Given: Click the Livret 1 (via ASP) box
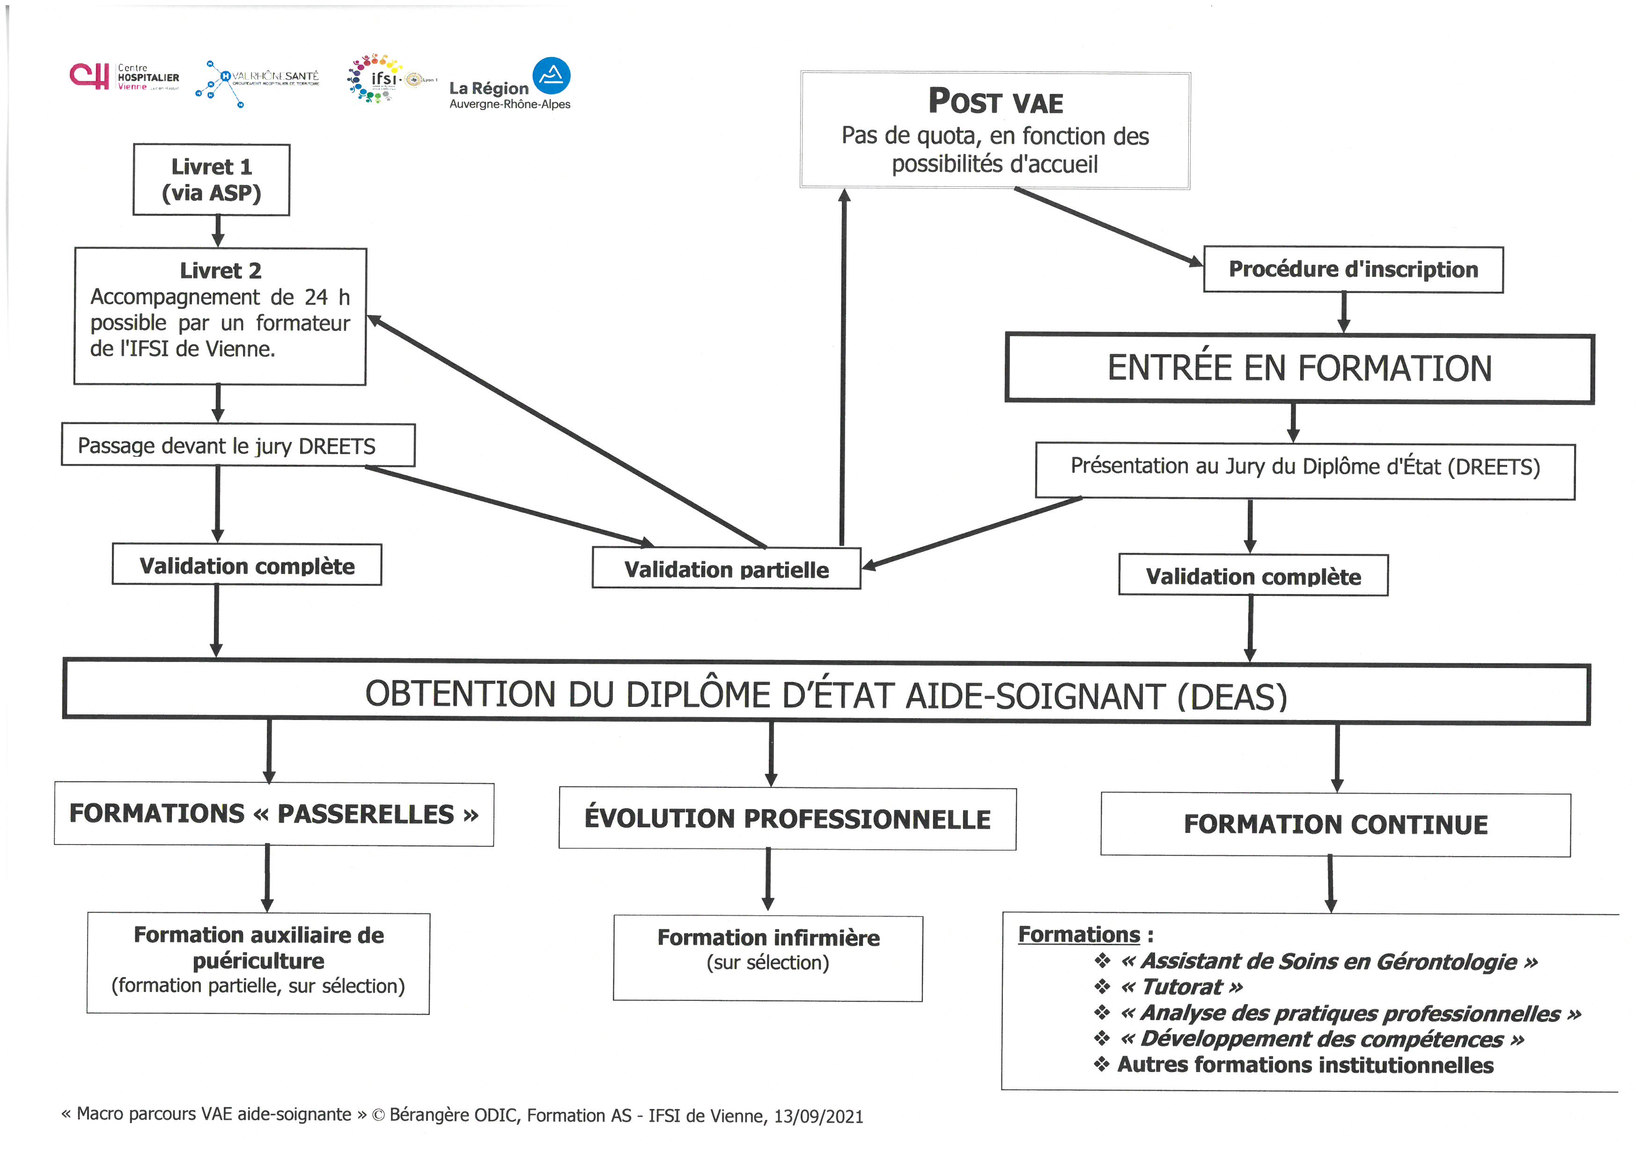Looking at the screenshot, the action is (211, 179).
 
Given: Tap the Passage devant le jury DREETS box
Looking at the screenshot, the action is (238, 445).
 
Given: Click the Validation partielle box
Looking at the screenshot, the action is (727, 568).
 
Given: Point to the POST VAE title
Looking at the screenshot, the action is (995, 101).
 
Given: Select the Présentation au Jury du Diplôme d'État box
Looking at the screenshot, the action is (1305, 471).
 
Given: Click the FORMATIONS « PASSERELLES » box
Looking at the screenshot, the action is (274, 814).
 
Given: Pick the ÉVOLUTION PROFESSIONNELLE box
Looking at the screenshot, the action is (788, 819).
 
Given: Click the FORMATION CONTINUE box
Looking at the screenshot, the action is (1335, 824).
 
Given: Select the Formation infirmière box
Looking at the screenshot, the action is (768, 958).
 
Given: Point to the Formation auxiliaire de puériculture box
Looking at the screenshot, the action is (258, 963).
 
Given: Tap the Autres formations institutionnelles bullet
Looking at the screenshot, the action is (1294, 1065).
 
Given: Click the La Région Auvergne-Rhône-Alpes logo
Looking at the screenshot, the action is (510, 84).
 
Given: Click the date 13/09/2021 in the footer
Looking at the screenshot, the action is (819, 1117).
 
